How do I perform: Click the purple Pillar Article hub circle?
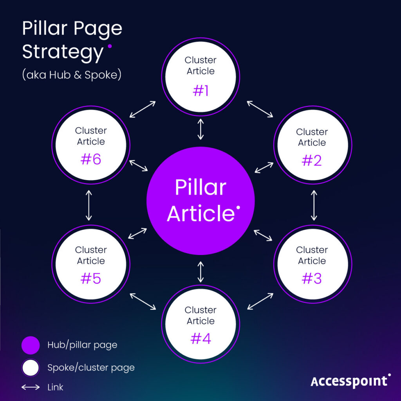(200, 200)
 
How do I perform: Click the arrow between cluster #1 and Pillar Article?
(200, 129)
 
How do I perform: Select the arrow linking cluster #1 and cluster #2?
(260, 109)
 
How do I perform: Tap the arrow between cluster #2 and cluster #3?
(313, 206)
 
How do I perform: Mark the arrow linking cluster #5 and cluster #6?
(89, 206)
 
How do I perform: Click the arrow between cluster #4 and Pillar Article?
(200, 272)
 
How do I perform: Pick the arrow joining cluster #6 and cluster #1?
(143, 109)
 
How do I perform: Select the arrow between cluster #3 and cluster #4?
(260, 301)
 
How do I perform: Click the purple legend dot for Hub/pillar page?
(31, 345)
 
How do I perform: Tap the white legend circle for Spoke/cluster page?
(31, 368)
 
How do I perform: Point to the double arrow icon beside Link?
(31, 387)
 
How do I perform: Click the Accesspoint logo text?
(350, 381)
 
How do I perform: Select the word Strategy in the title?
(63, 52)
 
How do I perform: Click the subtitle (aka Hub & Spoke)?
(72, 75)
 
